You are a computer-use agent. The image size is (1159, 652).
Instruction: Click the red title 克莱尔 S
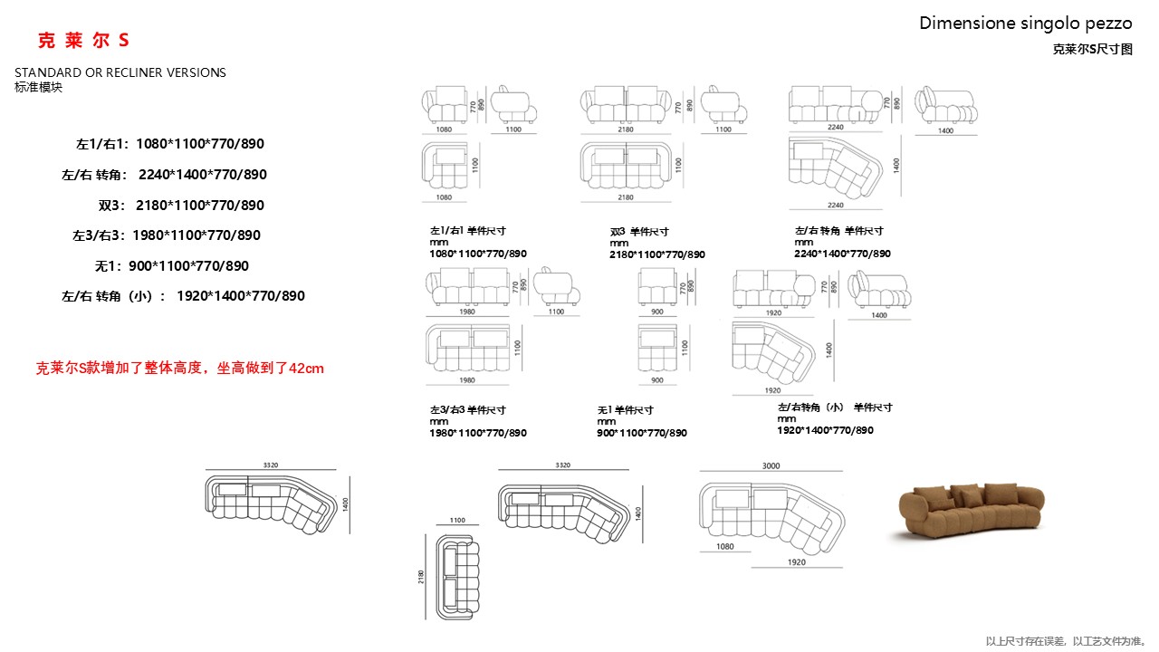click(83, 41)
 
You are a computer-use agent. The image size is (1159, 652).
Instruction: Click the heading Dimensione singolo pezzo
click(1025, 24)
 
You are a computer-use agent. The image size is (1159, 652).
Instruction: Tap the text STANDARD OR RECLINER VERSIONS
click(120, 72)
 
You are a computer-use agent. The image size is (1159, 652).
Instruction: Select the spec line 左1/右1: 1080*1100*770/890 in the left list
click(170, 144)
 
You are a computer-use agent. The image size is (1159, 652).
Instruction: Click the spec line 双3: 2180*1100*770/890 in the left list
click(181, 205)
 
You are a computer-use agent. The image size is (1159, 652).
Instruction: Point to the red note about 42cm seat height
click(179, 369)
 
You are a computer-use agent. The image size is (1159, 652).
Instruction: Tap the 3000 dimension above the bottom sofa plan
click(771, 465)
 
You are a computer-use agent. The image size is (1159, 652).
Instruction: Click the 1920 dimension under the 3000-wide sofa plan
click(796, 561)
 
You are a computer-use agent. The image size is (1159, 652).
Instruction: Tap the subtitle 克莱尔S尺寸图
click(1092, 50)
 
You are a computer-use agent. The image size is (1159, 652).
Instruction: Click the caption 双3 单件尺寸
click(639, 232)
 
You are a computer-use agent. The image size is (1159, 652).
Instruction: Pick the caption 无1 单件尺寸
click(625, 410)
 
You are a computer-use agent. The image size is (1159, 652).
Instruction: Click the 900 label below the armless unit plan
click(657, 380)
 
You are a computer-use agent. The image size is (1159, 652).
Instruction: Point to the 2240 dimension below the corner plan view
click(835, 205)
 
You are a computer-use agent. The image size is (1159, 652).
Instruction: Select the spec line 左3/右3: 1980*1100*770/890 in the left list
click(167, 235)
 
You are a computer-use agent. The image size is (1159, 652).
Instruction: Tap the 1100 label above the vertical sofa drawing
click(457, 520)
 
